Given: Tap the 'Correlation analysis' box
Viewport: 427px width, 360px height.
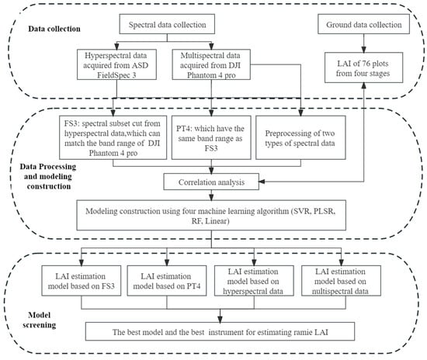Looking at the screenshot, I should (210, 183).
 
